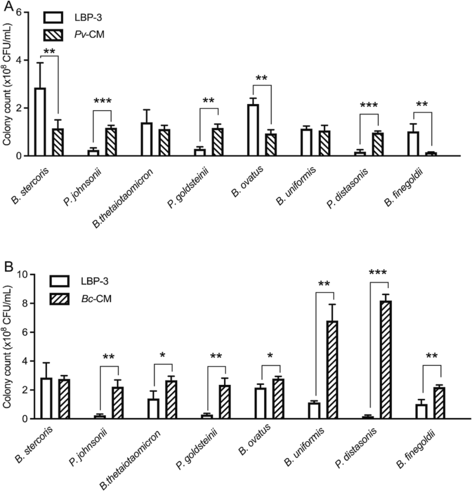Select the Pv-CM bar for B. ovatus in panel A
tap(271, 145)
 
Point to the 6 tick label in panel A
tap(18, 12)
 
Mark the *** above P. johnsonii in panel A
tap(102, 102)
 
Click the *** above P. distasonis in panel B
tap(378, 273)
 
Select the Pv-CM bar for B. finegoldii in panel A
tap(432, 153)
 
